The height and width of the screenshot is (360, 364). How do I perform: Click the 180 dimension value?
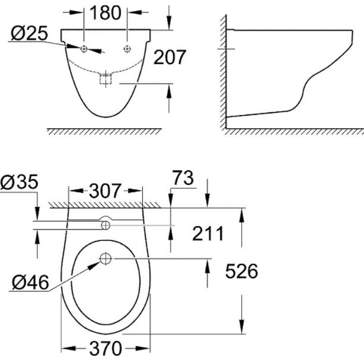click(105, 13)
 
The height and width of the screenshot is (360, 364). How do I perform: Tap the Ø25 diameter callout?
click(29, 33)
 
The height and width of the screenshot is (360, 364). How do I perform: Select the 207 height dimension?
click(170, 57)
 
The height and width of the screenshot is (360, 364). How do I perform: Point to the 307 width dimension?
click(105, 191)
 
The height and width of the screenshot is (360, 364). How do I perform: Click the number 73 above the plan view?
click(183, 178)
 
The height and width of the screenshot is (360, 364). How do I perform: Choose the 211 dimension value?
click(207, 234)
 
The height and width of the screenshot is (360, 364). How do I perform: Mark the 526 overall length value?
click(242, 271)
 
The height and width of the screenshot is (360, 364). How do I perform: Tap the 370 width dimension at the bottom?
click(106, 348)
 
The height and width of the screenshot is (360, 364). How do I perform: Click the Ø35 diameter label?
click(19, 181)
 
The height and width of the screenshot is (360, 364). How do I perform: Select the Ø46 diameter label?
click(30, 282)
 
